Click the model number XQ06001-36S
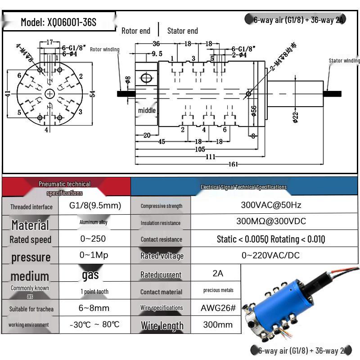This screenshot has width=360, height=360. pos(58,22)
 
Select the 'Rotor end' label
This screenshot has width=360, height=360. pos(136,31)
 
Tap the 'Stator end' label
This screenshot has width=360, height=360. pos(182,31)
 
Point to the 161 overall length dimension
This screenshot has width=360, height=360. pos(233,164)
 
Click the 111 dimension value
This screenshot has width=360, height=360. pos(210,157)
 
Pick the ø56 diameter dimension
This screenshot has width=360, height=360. pos(253,110)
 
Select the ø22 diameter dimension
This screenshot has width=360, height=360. pos(295,117)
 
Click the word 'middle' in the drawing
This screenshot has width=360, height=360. pos(147,110)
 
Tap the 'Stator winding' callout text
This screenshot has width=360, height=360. pos(344,61)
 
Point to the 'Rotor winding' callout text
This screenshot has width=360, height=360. pos(104,49)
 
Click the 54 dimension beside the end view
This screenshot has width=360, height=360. pos(93,94)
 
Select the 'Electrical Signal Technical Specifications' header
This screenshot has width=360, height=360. pos(243,187)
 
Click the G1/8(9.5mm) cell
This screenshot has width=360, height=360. pos(95,206)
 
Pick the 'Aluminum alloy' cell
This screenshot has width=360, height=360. pos(94,222)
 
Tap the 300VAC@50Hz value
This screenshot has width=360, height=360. pos(271,205)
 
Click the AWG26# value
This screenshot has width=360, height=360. pos(218,308)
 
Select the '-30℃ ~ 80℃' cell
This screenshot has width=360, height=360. pos(94,324)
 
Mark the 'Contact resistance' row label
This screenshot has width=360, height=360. pos(161,239)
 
